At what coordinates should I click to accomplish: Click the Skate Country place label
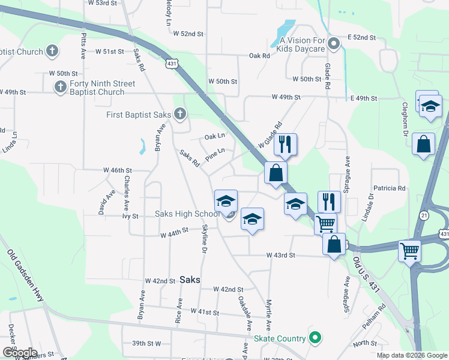click(279, 338)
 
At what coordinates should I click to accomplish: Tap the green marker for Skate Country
click(314, 338)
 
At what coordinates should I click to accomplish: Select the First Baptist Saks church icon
click(179, 114)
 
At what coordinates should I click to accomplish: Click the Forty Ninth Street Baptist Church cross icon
click(60, 88)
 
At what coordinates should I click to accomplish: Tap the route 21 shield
click(424, 215)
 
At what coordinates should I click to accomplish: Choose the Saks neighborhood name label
click(190, 280)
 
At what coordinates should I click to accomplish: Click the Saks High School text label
click(187, 214)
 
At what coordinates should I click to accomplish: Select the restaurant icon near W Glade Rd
click(285, 143)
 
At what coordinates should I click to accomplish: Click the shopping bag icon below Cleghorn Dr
click(423, 144)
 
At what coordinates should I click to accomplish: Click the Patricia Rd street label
click(389, 188)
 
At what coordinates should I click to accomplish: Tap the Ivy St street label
click(130, 215)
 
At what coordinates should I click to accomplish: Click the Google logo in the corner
click(19, 353)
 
